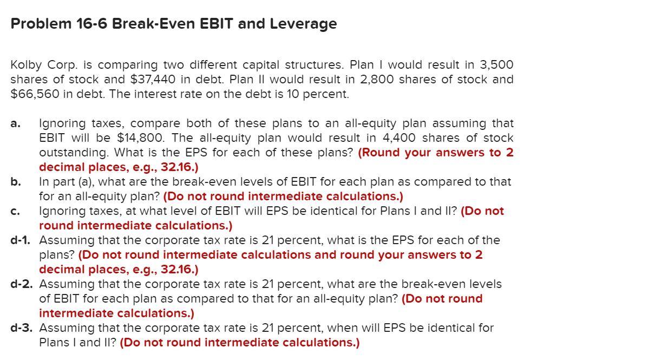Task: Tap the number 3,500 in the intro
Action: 496,65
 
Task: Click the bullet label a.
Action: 16,123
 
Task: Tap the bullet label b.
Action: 16,182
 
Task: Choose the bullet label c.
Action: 16,211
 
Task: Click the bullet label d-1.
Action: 20,240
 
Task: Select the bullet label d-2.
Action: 21,284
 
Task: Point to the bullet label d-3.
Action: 21,328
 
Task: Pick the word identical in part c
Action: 333,211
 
